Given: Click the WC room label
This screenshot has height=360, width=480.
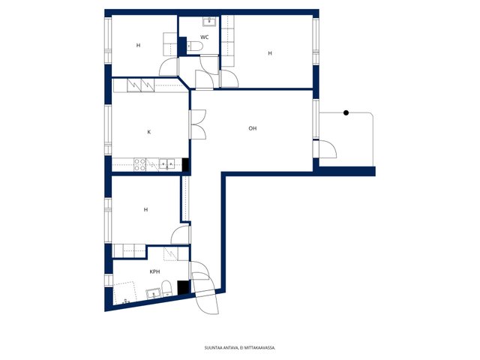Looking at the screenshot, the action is (x=205, y=37).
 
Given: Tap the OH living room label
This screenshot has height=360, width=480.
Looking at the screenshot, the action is (x=253, y=128).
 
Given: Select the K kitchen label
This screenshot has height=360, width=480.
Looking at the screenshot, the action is (x=149, y=132).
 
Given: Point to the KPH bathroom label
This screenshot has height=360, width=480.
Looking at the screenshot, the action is (x=154, y=271).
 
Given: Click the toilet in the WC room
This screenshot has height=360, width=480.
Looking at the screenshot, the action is (x=195, y=46).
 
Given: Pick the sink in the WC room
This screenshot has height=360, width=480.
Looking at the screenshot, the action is (x=210, y=22).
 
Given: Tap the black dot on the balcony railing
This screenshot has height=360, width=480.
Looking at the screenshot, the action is (x=346, y=112).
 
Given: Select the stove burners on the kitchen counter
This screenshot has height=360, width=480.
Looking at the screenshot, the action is (x=140, y=164).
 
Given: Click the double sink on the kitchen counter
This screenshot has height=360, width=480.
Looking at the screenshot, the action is (x=166, y=164).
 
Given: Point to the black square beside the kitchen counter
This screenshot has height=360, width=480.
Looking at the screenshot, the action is (x=185, y=164).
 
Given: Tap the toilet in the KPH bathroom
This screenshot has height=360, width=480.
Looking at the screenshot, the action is (x=166, y=288).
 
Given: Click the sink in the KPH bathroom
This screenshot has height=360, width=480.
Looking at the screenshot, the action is (x=153, y=293).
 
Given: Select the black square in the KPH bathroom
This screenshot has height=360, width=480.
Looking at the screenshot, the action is (x=183, y=288).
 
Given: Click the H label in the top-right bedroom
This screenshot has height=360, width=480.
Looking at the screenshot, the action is (x=270, y=53).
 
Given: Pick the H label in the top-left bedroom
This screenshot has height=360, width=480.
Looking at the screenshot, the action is (x=138, y=45).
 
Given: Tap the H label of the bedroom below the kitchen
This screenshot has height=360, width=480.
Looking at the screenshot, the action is (x=146, y=210).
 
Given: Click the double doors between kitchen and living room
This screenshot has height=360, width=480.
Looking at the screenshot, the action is (x=198, y=124).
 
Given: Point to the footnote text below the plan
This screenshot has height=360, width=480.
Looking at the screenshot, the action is (x=240, y=348).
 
